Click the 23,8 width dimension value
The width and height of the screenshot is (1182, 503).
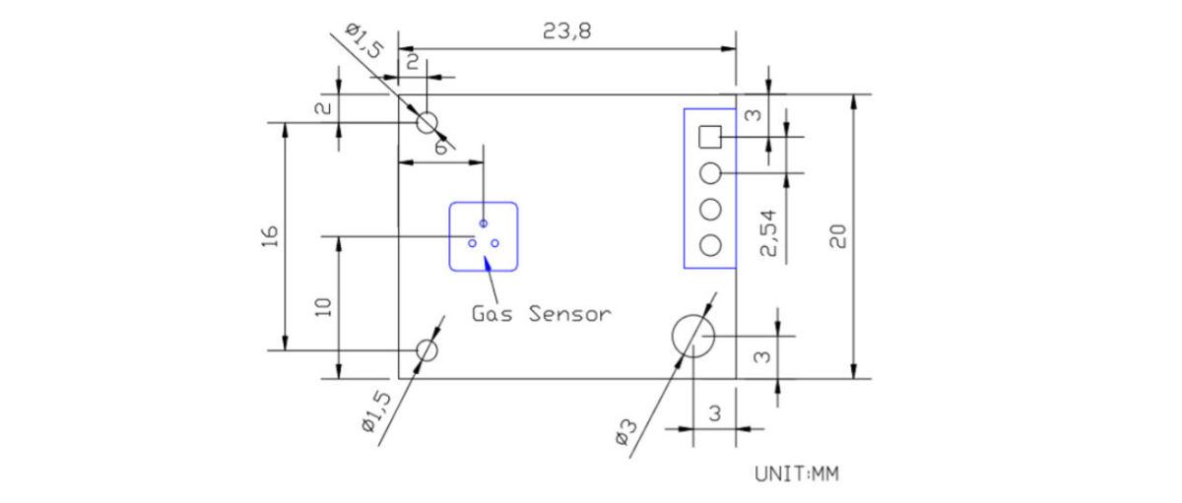pyautogui.click(x=566, y=31)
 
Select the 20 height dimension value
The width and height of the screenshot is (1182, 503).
pyautogui.click(x=837, y=236)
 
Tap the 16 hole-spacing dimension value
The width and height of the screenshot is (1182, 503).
pyautogui.click(x=269, y=237)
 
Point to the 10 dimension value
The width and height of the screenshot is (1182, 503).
pyautogui.click(x=323, y=307)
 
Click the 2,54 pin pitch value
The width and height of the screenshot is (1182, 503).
pyautogui.click(x=768, y=233)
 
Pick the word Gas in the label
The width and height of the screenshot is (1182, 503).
pyautogui.click(x=492, y=314)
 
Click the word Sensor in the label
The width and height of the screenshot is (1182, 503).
pyautogui.click(x=570, y=314)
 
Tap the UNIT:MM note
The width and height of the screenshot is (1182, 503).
pyautogui.click(x=796, y=474)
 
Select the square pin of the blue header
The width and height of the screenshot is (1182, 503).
pyautogui.click(x=710, y=137)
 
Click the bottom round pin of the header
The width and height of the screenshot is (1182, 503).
pyautogui.click(x=710, y=245)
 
